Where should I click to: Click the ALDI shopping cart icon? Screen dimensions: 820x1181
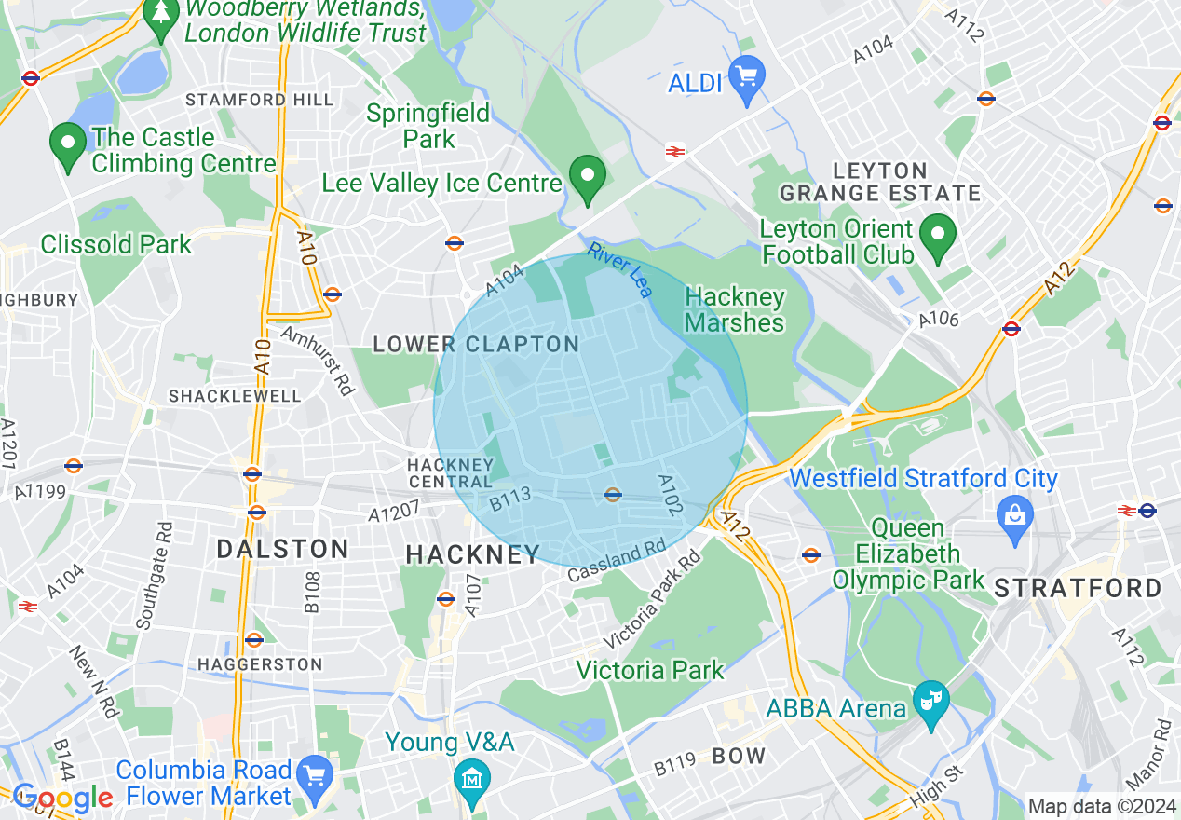coord(746,74)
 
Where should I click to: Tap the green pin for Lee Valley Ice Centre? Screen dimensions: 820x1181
coord(588,176)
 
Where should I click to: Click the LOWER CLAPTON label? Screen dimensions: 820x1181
coord(476,345)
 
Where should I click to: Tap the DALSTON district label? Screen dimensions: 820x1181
coord(282,549)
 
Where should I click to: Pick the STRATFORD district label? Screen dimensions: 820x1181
coord(1078,588)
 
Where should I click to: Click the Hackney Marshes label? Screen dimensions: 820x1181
coord(735,309)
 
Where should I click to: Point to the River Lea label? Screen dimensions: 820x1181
coord(619,270)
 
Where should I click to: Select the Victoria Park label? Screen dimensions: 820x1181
coord(649,670)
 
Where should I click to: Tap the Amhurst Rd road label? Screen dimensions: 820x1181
coord(317,361)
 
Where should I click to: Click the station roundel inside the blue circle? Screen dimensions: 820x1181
coord(612,494)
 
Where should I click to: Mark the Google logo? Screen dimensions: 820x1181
coord(62,798)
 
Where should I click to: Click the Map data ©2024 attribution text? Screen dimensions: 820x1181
coord(1100,806)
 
